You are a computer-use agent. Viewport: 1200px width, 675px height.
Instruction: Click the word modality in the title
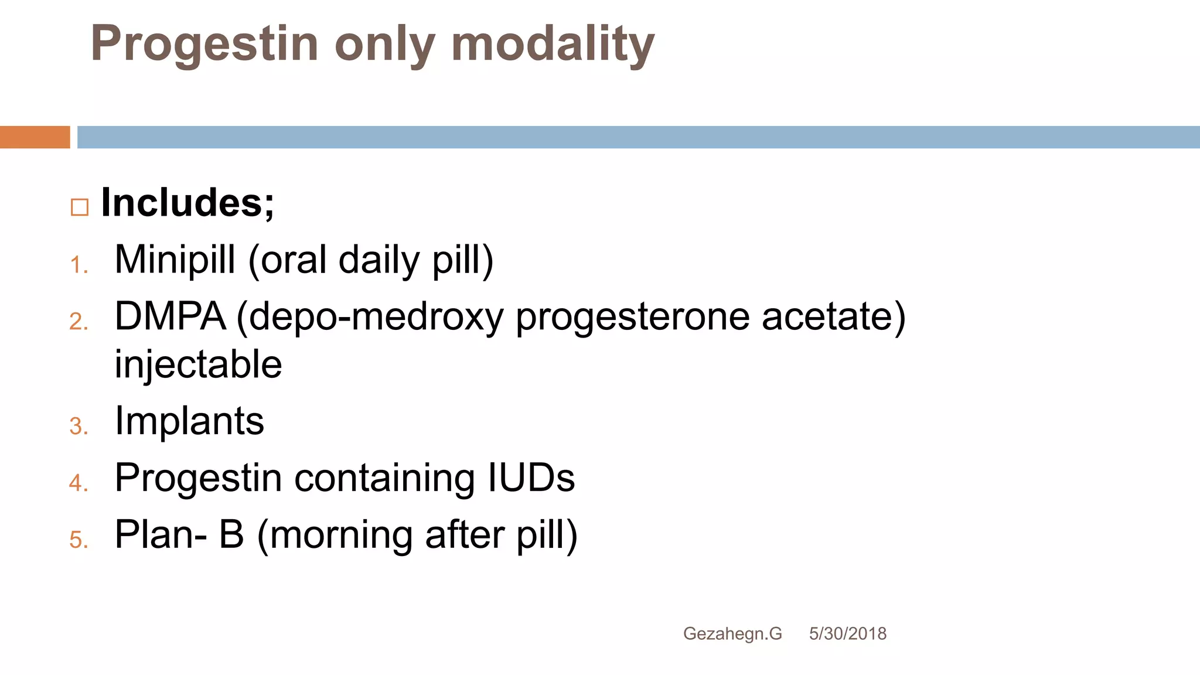click(553, 45)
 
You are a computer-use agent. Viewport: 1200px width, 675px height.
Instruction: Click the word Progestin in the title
click(204, 45)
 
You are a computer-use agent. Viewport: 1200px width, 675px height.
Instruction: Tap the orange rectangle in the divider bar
click(35, 137)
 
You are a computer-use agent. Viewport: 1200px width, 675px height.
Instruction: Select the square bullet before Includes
click(80, 207)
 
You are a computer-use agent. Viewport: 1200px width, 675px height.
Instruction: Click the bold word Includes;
click(187, 203)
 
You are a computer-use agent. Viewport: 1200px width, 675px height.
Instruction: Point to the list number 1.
click(79, 265)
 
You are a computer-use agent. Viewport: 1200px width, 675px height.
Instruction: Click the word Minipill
click(175, 260)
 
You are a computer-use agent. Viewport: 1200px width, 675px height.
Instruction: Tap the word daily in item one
click(379, 260)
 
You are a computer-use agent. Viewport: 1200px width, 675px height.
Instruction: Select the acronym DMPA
click(170, 316)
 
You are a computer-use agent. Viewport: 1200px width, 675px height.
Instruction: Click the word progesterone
click(632, 316)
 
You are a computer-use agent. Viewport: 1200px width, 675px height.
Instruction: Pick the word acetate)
click(833, 316)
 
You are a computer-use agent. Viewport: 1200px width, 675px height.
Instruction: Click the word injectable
click(198, 364)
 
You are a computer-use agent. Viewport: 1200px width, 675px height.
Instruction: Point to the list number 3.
click(79, 426)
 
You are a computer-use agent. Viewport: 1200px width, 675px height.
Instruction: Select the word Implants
click(189, 421)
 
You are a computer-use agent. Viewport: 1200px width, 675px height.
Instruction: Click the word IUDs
click(531, 478)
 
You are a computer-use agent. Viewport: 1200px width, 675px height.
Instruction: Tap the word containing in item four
click(384, 478)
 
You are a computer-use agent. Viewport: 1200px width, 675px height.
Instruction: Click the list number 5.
click(79, 540)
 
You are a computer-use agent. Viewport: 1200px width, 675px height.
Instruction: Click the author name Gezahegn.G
click(732, 633)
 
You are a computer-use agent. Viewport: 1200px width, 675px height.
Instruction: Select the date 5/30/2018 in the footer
click(847, 633)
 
